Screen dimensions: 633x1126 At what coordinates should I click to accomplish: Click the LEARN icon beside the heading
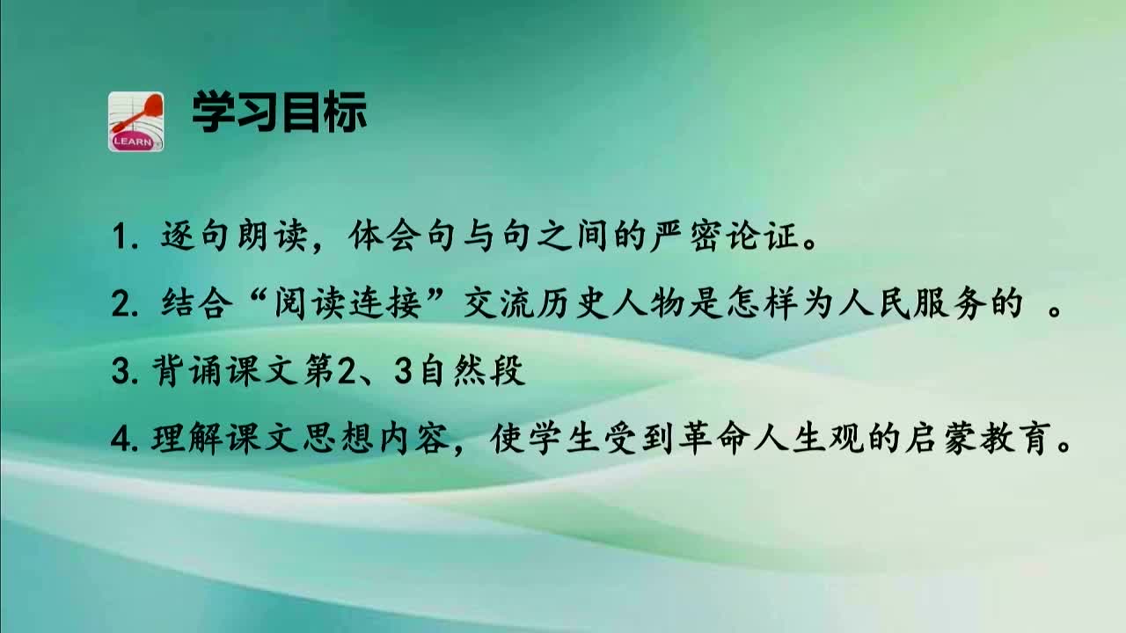[x=135, y=121]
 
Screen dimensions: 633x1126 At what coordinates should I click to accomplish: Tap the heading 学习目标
[x=279, y=114]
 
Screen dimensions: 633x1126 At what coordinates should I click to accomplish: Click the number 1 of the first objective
[x=120, y=238]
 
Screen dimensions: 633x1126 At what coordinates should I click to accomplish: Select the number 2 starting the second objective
[x=121, y=305]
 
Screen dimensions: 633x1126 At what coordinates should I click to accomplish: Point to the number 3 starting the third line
[x=120, y=372]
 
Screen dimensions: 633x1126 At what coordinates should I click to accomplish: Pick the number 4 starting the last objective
[x=120, y=440]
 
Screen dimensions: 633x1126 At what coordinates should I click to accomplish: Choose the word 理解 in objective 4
[x=179, y=439]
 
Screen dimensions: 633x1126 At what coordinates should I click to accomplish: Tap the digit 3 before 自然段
[x=404, y=372]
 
